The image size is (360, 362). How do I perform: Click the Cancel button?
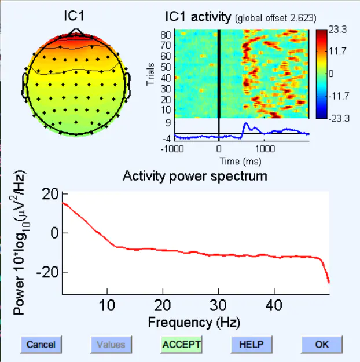[41, 344]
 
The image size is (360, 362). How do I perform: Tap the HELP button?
[251, 344]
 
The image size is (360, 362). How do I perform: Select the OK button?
[322, 344]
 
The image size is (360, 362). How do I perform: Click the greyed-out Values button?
[111, 344]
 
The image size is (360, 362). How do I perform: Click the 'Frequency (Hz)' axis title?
[194, 321]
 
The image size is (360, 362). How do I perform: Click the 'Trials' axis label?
[150, 76]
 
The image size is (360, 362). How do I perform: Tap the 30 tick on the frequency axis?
[218, 306]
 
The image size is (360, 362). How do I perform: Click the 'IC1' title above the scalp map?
[75, 17]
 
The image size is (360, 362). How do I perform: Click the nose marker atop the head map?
[75, 31]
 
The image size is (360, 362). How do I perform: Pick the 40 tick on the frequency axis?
[274, 306]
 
